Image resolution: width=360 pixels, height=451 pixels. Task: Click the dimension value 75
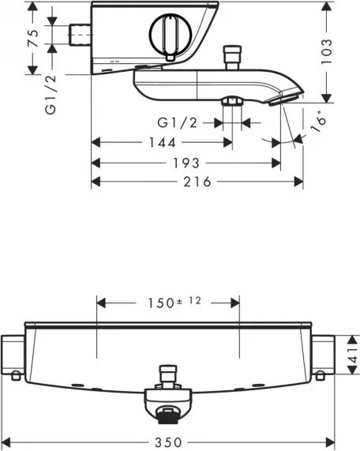click(x=33, y=38)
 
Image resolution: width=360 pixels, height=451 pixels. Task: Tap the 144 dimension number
click(x=162, y=143)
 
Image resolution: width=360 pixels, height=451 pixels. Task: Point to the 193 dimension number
click(x=186, y=163)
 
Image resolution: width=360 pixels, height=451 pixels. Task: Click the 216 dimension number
click(x=197, y=182)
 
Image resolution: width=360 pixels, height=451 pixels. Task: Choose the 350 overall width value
click(x=168, y=442)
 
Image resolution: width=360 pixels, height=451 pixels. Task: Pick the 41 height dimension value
click(x=354, y=355)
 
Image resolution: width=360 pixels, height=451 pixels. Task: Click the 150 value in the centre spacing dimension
click(x=161, y=303)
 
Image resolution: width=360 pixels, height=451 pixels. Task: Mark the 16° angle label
click(x=319, y=121)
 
